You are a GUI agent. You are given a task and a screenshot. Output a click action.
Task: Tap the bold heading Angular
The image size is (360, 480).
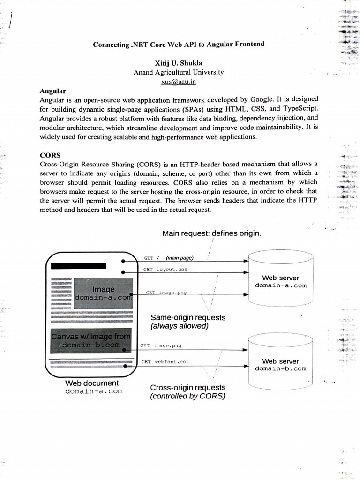(x=52, y=90)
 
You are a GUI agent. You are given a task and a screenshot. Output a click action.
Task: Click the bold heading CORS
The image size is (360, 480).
(x=49, y=154)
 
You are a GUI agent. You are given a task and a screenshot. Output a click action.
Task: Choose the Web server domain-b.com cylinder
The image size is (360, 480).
(x=280, y=363)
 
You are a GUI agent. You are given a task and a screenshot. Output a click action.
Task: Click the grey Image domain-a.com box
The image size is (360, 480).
(x=104, y=293)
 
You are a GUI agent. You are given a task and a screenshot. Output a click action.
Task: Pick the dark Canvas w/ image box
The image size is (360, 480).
(x=91, y=341)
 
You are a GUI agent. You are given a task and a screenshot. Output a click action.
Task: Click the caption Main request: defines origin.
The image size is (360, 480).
(x=212, y=233)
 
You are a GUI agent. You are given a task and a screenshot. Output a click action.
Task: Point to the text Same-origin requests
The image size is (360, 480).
(x=188, y=317)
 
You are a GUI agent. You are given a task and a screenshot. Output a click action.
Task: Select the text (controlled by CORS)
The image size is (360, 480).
(x=187, y=397)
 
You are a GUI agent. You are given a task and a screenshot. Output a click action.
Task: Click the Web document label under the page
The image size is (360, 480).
(x=92, y=383)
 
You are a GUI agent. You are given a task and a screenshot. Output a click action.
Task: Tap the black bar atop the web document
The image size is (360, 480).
(x=79, y=266)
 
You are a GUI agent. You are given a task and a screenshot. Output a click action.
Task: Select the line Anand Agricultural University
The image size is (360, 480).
(x=178, y=72)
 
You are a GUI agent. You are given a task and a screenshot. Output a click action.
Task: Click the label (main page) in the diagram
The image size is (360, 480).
(x=180, y=258)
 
